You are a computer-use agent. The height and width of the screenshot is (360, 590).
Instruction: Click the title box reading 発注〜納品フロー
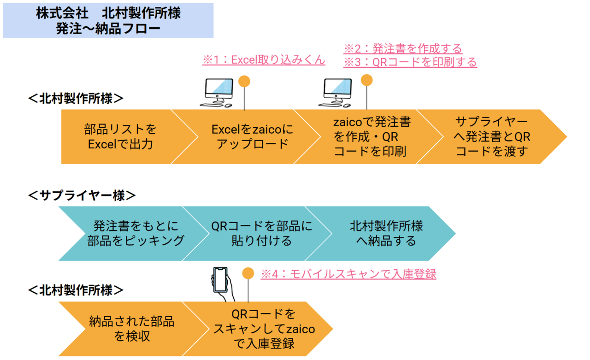click(x=108, y=21)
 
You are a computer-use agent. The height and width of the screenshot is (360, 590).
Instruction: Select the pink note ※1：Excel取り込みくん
click(x=263, y=60)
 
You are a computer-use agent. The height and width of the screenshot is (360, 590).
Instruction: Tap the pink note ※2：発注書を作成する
click(x=402, y=48)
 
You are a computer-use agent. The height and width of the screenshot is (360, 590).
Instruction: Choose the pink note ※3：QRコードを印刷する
click(x=410, y=62)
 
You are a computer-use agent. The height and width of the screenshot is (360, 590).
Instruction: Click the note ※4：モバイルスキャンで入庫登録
click(x=348, y=274)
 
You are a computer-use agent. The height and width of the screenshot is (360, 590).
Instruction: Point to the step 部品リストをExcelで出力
click(x=120, y=136)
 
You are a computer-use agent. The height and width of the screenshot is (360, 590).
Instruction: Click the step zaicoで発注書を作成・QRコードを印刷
click(x=371, y=136)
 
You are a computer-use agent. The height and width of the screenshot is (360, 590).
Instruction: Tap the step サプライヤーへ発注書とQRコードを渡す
click(x=491, y=136)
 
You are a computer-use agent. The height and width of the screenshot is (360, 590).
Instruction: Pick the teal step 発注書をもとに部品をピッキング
click(x=136, y=233)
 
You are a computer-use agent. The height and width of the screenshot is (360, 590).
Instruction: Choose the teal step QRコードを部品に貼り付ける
click(x=261, y=233)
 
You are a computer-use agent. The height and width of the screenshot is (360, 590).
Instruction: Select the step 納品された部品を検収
click(x=131, y=329)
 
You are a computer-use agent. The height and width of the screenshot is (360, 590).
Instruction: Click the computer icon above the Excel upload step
click(x=217, y=92)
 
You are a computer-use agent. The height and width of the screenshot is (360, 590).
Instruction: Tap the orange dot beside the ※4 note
click(x=248, y=273)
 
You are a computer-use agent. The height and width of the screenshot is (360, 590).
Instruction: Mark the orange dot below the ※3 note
click(x=366, y=80)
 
